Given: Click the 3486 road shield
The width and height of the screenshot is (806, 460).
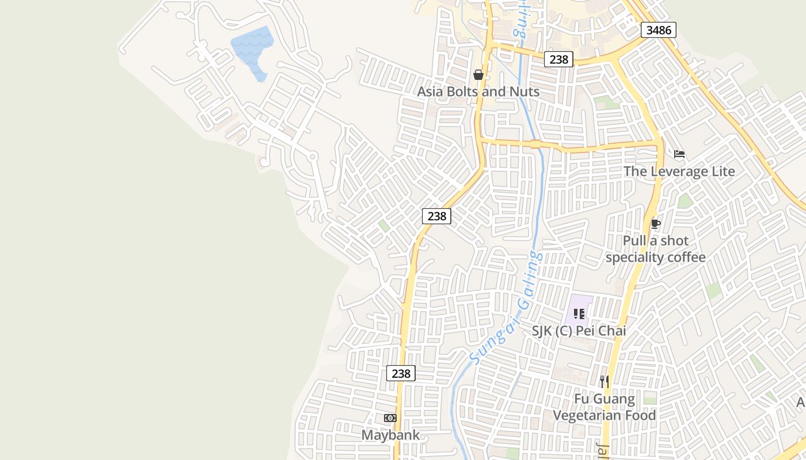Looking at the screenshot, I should [x=659, y=30].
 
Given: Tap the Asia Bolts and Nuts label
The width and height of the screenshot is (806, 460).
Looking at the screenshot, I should [x=478, y=91].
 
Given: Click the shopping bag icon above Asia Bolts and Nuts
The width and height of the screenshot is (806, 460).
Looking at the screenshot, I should [x=478, y=75].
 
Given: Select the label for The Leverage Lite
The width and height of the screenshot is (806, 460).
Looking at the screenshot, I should [x=679, y=171].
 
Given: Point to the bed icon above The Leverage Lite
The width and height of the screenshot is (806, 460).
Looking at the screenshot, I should [x=679, y=154].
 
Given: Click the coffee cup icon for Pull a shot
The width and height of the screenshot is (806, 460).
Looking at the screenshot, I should [x=655, y=224].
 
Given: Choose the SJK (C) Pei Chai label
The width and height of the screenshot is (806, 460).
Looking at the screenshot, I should [x=579, y=331].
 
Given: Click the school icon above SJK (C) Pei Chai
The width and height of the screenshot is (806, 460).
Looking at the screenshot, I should [x=579, y=314].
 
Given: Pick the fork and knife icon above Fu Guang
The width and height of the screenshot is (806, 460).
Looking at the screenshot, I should [x=604, y=381].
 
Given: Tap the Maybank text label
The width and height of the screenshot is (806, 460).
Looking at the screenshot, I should [x=390, y=435].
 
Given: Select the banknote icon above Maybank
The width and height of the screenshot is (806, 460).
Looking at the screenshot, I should [x=390, y=418].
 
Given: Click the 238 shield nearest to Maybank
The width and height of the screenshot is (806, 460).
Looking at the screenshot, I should [x=401, y=373].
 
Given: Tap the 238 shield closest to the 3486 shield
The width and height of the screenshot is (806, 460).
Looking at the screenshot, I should [x=558, y=59].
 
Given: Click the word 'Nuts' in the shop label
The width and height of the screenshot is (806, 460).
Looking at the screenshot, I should [x=524, y=91].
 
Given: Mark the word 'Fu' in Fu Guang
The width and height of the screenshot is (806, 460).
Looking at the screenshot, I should [x=581, y=399].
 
